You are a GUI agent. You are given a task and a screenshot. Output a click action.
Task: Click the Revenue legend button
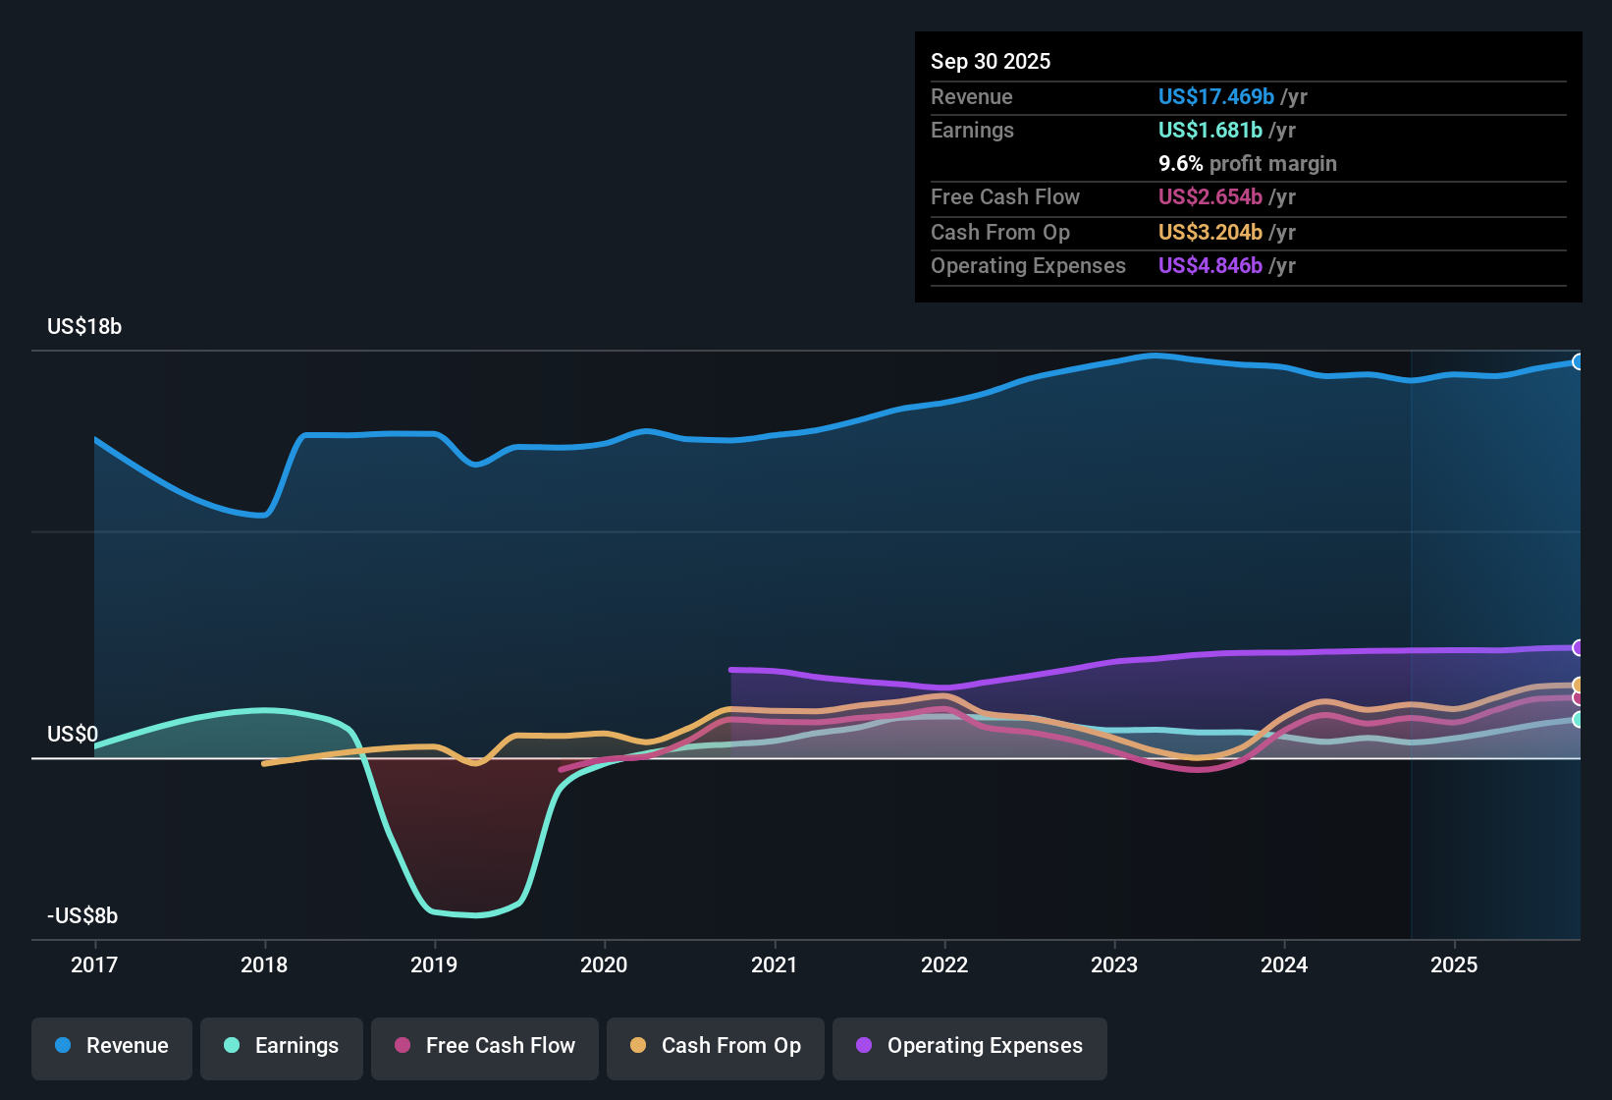pyautogui.click(x=112, y=1046)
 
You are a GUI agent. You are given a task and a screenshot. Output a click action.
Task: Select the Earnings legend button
pyautogui.click(x=282, y=1046)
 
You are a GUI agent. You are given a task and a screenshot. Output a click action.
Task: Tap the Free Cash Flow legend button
pyautogui.click(x=485, y=1046)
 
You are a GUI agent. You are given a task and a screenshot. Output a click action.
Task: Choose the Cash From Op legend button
pyautogui.click(x=716, y=1046)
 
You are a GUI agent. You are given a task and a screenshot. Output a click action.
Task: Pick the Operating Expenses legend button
pyautogui.click(x=970, y=1046)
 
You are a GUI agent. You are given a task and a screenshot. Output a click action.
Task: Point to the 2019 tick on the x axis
pyautogui.click(x=434, y=964)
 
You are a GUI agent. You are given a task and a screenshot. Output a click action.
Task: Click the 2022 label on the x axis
pyautogui.click(x=944, y=964)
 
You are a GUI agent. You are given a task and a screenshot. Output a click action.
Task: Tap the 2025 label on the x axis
pyautogui.click(x=1454, y=964)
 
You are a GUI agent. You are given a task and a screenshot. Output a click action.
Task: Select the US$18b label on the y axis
pyautogui.click(x=84, y=327)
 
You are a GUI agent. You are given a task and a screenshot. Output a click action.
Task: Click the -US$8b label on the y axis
pyautogui.click(x=82, y=916)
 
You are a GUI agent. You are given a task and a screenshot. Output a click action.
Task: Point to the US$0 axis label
pyautogui.click(x=73, y=735)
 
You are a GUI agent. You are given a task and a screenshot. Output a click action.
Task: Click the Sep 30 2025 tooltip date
pyautogui.click(x=991, y=62)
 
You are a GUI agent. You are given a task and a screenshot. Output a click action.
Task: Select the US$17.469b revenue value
pyautogui.click(x=1215, y=97)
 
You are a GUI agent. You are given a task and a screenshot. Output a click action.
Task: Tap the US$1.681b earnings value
pyautogui.click(x=1209, y=131)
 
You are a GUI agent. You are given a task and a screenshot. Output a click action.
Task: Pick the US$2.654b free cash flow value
pyautogui.click(x=1209, y=197)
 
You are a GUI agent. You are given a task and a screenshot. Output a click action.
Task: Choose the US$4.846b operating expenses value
pyautogui.click(x=1209, y=266)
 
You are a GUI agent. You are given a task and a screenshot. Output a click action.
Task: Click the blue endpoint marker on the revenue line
pyautogui.click(x=1578, y=361)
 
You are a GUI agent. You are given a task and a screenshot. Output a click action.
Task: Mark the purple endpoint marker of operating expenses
pyautogui.click(x=1578, y=647)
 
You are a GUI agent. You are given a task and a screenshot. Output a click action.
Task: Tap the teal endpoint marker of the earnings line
pyautogui.click(x=1578, y=720)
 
